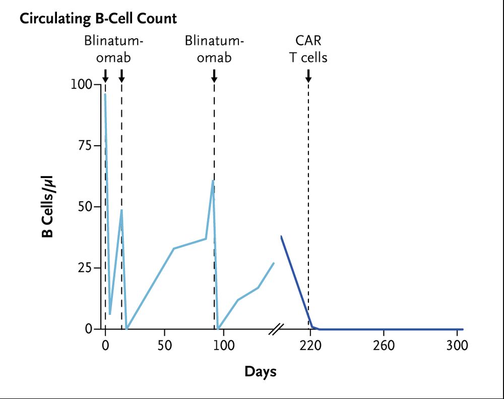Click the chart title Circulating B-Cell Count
(98, 19)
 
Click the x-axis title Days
(261, 372)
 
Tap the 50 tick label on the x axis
(164, 346)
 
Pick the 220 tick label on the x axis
(310, 346)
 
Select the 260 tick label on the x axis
(384, 346)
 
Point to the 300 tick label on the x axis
(457, 346)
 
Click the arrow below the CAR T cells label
(308, 76)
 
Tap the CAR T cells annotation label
(308, 48)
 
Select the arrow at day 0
(105, 76)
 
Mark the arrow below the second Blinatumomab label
(214, 76)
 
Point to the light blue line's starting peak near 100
(105, 94)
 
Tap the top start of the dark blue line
(281, 236)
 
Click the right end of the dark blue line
(462, 329)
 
